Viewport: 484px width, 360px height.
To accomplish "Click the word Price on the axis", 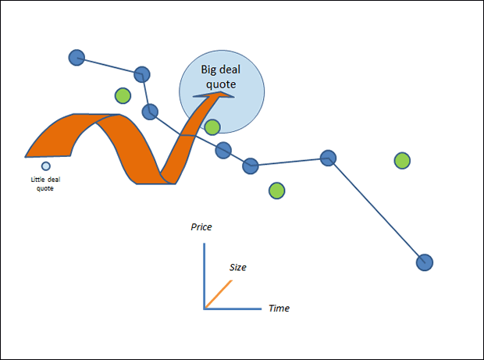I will point(201,227).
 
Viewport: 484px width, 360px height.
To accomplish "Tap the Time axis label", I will point(279,308).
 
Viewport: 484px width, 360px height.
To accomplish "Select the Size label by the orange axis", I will point(238,267).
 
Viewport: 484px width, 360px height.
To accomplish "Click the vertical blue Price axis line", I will point(205,273).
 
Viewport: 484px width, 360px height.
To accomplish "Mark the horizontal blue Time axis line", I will point(234,308).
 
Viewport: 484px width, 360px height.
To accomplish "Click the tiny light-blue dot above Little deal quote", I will point(46,166).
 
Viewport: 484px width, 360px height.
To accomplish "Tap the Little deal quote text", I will point(46,184).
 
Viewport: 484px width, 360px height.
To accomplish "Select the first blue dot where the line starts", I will point(77,57).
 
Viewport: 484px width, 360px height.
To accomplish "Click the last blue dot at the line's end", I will point(424,262).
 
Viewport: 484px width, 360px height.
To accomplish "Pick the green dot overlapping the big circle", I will point(212,127).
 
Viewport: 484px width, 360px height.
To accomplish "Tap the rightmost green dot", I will point(402,161).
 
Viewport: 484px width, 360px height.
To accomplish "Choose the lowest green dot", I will point(276,190).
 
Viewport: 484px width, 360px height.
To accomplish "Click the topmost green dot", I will point(123,95).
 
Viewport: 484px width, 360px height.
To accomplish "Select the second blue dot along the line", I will point(142,74).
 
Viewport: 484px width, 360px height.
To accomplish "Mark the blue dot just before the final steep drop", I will point(329,158).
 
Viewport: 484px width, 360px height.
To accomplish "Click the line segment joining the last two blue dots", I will point(376,210).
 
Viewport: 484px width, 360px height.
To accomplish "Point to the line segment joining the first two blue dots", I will point(109,66).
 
